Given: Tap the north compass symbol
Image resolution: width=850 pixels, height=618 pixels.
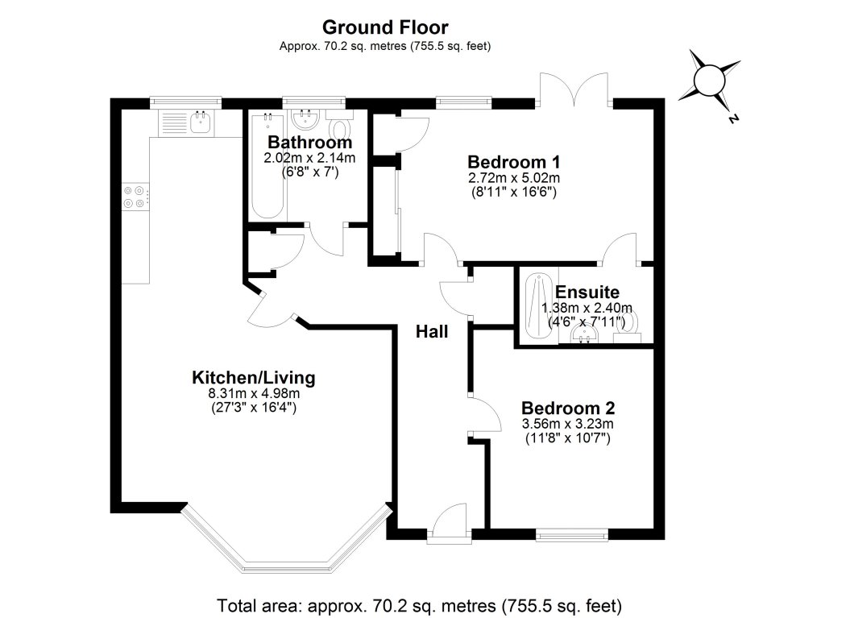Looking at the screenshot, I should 711,81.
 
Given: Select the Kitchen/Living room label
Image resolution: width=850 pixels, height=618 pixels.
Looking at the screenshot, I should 253,377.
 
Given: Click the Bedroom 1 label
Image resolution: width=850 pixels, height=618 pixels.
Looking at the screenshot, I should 514,161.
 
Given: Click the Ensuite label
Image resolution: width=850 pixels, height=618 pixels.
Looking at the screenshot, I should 587,292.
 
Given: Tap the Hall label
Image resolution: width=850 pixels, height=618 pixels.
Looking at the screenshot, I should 432,331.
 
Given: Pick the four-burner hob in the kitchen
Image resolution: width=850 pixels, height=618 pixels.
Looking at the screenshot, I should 134,197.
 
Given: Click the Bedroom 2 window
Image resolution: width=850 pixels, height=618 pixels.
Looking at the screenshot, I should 572,533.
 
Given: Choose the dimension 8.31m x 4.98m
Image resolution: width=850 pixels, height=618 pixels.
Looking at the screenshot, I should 253,393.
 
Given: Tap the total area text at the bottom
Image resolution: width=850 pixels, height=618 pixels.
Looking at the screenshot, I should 420,603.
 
